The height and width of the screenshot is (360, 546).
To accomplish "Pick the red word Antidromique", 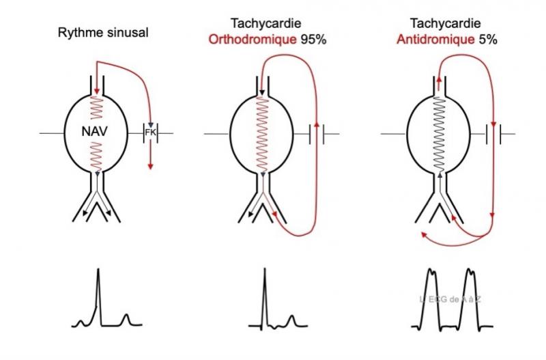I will point(435,40).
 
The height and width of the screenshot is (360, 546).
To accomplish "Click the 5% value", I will point(487,40).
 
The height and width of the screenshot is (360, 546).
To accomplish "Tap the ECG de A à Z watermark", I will point(452,299).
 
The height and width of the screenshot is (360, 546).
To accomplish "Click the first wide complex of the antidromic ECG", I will point(432,297).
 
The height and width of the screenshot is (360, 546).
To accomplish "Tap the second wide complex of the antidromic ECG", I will point(470,297).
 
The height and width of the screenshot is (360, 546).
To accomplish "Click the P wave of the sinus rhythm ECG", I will point(81,320).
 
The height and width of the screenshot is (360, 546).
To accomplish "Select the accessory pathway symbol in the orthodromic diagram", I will point(317,132).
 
